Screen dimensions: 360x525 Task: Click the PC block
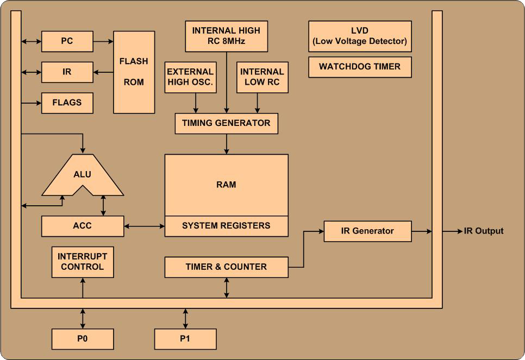click(67, 41)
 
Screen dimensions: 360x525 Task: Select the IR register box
click(67, 72)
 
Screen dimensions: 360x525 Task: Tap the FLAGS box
click(67, 103)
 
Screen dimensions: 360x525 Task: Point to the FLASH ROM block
click(134, 72)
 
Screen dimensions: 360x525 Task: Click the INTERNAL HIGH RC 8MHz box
click(226, 36)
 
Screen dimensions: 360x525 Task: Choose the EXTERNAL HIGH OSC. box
click(190, 77)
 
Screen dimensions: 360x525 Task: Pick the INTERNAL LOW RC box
click(262, 77)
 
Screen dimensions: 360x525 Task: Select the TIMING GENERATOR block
click(226, 123)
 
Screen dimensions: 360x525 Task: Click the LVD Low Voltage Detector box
click(360, 36)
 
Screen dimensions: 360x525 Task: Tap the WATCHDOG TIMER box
click(360, 67)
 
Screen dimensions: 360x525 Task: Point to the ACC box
click(83, 226)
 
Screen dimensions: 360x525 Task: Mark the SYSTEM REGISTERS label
click(226, 226)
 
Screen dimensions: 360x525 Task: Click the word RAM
click(226, 185)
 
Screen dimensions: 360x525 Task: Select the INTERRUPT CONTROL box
click(83, 262)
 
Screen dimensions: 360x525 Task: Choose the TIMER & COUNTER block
click(226, 267)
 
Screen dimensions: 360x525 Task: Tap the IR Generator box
click(367, 231)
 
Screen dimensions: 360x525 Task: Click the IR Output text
click(483, 231)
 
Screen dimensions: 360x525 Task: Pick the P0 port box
click(83, 339)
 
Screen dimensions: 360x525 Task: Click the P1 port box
click(185, 339)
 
